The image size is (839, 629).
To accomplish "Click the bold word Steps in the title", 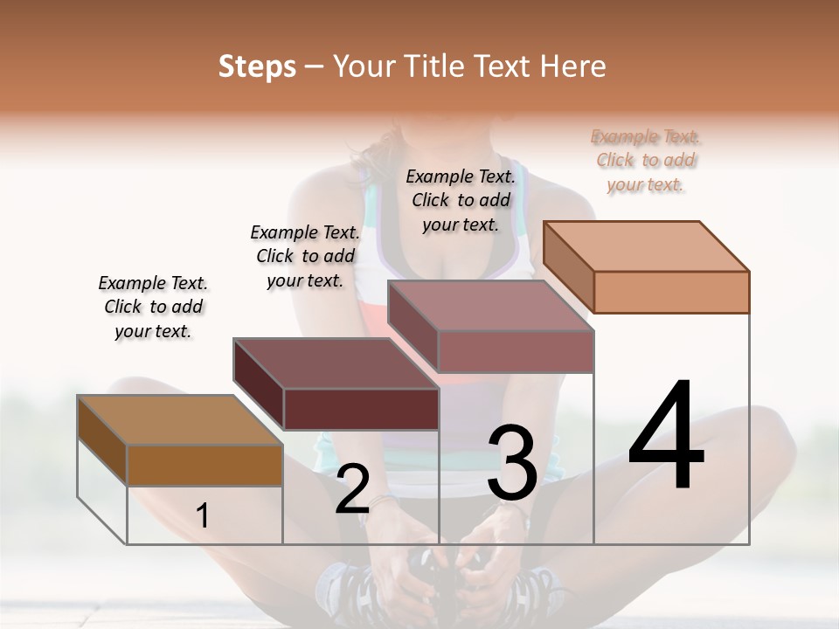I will click(257, 66).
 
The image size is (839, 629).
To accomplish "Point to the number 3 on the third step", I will click(512, 463).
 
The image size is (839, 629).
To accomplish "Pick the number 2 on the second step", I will click(352, 489).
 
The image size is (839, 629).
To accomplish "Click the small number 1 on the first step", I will click(203, 516).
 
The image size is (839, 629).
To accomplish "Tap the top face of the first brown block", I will click(179, 420).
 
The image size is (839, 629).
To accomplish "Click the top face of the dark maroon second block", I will click(336, 363).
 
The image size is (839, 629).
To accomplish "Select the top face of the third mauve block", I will click(491, 306).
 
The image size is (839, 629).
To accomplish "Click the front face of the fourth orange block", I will click(671, 292).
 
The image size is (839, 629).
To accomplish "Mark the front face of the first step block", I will click(205, 465).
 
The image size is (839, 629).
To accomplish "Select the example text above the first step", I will click(153, 307).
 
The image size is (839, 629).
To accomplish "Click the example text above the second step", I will click(305, 256).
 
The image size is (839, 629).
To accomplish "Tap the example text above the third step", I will click(461, 200).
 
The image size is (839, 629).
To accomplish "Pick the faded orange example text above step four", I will click(646, 160).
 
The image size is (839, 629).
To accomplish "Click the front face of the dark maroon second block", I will click(361, 409).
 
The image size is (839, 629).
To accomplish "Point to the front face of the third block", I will click(516, 351).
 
